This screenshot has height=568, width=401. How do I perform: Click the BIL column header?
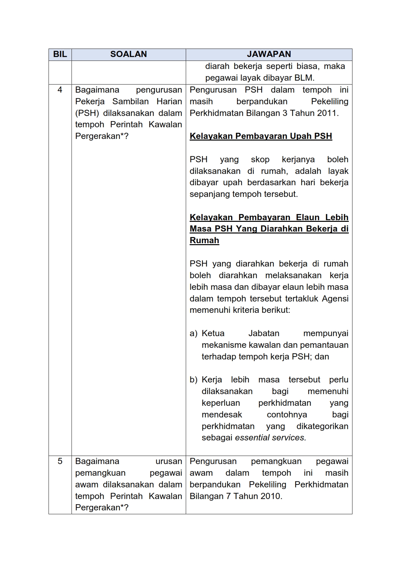coord(60,54)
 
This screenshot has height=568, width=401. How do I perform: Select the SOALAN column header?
coord(128,54)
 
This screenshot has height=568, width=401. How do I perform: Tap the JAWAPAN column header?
coord(269,54)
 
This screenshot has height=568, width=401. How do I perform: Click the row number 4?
coord(60,90)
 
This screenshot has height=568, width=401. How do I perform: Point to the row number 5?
coord(60,461)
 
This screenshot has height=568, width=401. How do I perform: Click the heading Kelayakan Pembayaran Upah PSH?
coord(261,136)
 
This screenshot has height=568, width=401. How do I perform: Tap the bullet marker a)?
coord(193,334)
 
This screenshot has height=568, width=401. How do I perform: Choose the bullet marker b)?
coord(193,380)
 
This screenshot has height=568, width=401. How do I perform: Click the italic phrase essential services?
coord(270,438)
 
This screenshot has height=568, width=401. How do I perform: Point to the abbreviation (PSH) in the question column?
coord(87,113)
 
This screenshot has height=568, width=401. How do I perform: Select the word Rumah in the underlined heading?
coord(204,241)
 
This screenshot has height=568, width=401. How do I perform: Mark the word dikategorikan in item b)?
coord(322,426)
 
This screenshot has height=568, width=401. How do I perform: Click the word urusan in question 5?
coord(169,461)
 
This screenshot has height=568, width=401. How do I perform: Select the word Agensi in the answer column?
coord(335,299)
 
